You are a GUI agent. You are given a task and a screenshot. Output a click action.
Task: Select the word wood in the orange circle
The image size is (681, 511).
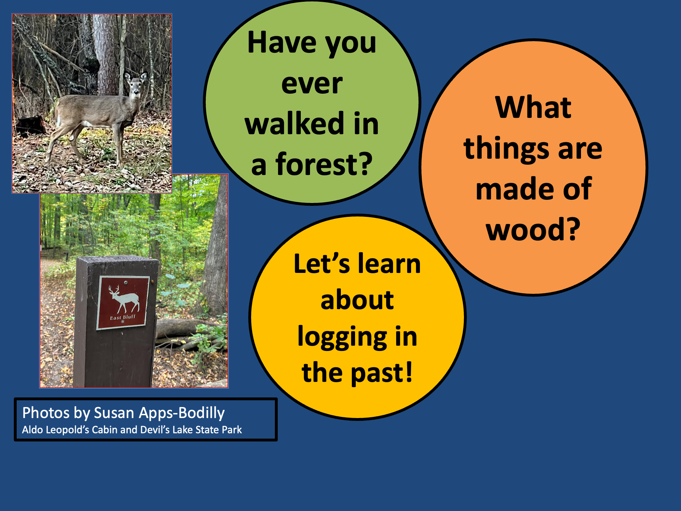coord(526,229)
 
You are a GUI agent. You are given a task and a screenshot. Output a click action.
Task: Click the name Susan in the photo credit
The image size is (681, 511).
coord(114,413)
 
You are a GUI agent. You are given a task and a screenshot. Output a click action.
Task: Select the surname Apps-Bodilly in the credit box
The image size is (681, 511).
coord(182,413)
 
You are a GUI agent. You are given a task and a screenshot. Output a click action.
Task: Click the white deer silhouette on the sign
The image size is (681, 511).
coord(124,298)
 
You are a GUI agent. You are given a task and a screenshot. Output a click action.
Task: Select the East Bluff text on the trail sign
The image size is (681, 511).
coord(123,317)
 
